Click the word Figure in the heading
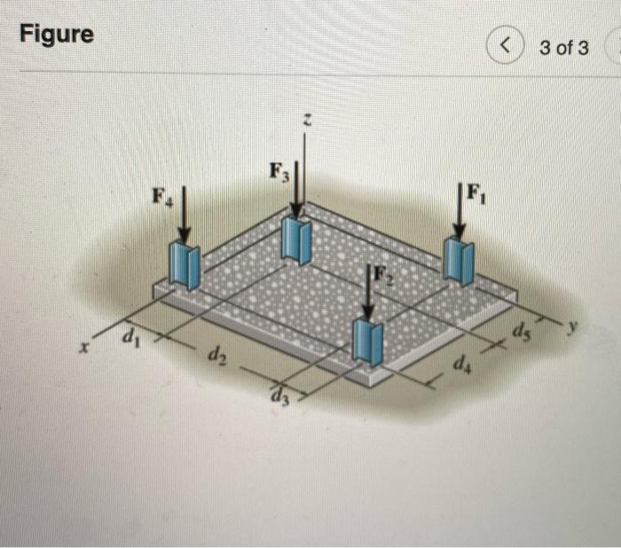click(x=57, y=35)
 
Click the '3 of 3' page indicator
click(x=563, y=47)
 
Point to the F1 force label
click(x=476, y=192)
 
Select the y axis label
click(x=578, y=325)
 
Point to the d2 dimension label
click(x=216, y=357)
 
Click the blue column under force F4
click(x=185, y=265)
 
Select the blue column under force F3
click(x=295, y=240)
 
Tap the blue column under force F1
click(x=459, y=259)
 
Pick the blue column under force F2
click(x=367, y=341)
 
